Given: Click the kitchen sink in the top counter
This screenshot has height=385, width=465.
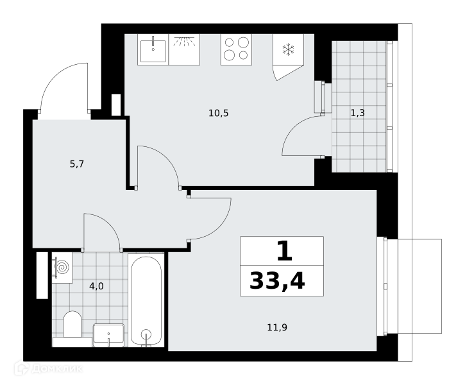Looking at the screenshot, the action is click(153, 49).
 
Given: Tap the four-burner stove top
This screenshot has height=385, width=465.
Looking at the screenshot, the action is click(236, 49).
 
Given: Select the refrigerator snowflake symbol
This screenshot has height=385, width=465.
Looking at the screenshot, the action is click(288, 49).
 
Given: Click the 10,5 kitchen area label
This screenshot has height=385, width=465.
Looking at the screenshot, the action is click(219, 113).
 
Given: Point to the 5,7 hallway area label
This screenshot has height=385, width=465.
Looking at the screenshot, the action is click(77, 164).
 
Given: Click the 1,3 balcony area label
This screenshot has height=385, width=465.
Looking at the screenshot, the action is click(358, 113).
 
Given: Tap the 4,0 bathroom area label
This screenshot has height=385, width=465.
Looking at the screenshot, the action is click(96, 286).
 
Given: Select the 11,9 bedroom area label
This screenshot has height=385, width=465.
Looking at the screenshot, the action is click(277, 327).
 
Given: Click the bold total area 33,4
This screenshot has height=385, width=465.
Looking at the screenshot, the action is click(277, 281).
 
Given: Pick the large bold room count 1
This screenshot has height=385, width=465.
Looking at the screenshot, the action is click(284, 251).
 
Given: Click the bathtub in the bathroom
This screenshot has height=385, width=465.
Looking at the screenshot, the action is click(146, 300).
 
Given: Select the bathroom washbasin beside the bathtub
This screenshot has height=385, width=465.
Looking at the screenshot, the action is click(108, 335).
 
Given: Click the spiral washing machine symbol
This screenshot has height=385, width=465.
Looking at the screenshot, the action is click(62, 268).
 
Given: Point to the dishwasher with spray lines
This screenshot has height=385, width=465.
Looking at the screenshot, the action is click(184, 49).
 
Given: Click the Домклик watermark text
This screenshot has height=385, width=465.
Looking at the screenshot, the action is click(56, 368).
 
